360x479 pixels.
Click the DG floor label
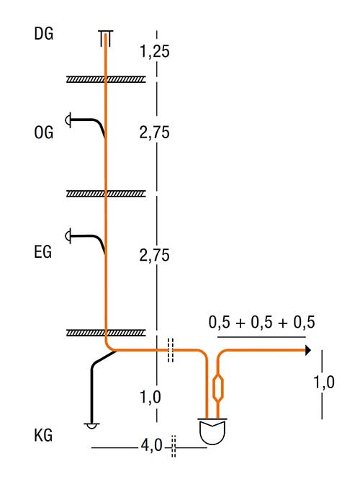44,34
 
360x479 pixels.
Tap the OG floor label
44,133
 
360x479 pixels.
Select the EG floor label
43,252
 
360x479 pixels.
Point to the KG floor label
43,435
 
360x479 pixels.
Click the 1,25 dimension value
155,51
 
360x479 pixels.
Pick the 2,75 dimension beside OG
155,133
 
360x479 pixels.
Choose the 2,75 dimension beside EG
155,255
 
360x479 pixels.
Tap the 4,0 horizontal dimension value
151,446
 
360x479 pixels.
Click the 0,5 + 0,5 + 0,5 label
261,322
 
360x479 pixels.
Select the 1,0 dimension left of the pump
150,398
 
